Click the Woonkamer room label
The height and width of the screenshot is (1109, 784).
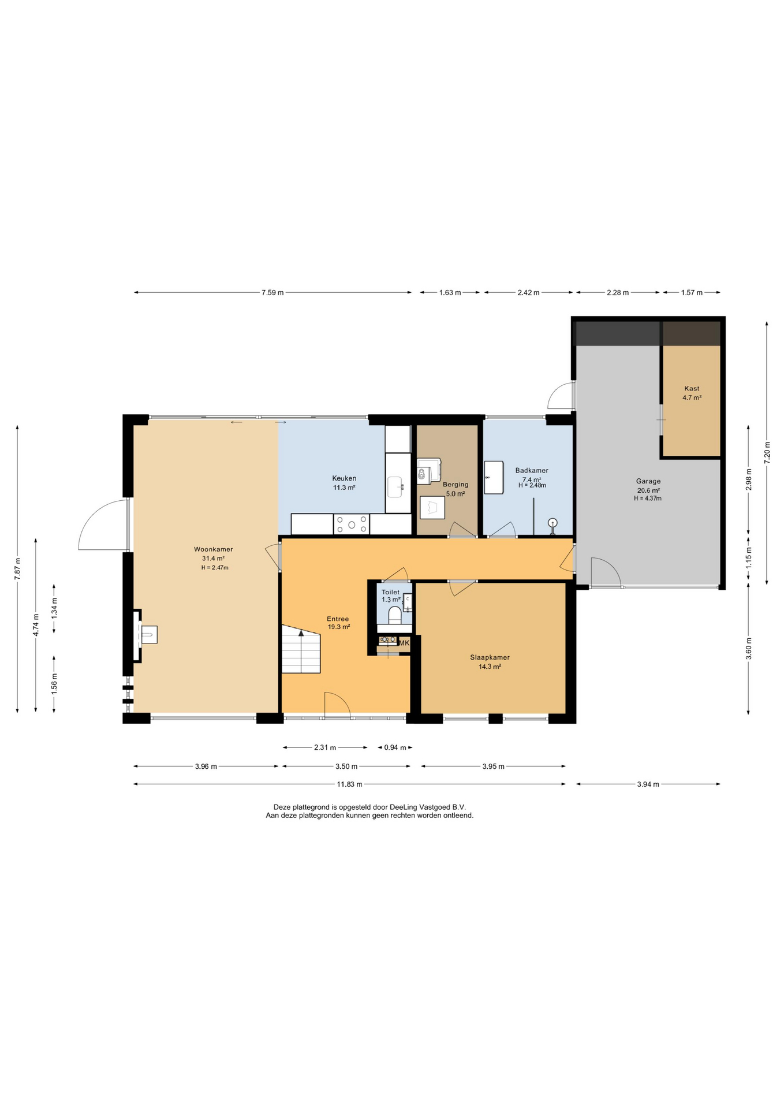pyautogui.click(x=213, y=549)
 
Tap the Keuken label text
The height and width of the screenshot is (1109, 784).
pyautogui.click(x=344, y=478)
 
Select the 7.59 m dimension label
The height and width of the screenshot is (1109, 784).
pyautogui.click(x=272, y=292)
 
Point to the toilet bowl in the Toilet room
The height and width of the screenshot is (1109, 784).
pyautogui.click(x=395, y=615)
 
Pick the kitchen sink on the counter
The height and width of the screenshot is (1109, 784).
pyautogui.click(x=395, y=486)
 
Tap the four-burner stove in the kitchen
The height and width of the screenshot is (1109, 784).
pyautogui.click(x=352, y=524)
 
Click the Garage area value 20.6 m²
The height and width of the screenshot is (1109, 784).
pyautogui.click(x=648, y=490)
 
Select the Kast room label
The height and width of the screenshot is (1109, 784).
pyautogui.click(x=692, y=389)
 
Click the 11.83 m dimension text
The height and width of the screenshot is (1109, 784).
pyautogui.click(x=350, y=784)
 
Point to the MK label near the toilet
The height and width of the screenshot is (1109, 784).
pyautogui.click(x=404, y=643)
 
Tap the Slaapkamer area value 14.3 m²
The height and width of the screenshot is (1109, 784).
pyautogui.click(x=490, y=667)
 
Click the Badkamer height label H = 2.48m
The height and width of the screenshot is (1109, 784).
pyautogui.click(x=532, y=485)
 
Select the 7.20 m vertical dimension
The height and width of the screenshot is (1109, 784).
pyautogui.click(x=767, y=452)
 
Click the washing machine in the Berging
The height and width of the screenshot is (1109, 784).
pyautogui.click(x=428, y=471)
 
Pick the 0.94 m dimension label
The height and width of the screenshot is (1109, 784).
pyautogui.click(x=395, y=747)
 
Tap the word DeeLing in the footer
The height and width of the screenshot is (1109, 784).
pyautogui.click(x=403, y=807)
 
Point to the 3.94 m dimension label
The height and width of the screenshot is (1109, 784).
pyautogui.click(x=648, y=784)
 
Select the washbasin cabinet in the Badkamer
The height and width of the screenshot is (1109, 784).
pyautogui.click(x=494, y=477)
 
